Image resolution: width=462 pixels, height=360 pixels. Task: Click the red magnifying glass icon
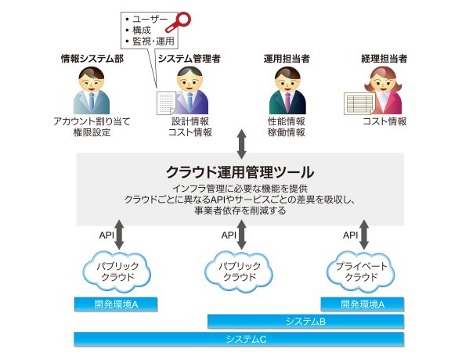179,22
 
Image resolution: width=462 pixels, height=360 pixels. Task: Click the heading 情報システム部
92,59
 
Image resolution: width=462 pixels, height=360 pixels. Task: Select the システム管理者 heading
189,59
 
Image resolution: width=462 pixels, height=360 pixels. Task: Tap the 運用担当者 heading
287,59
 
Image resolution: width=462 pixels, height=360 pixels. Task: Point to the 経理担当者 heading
384,59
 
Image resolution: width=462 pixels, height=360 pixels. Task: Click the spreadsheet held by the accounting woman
359,103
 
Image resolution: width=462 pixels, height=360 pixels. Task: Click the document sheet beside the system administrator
166,103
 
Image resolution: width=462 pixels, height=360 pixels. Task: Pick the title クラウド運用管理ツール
240,172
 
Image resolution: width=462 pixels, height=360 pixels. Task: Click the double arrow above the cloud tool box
242,144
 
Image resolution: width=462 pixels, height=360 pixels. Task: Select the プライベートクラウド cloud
361,272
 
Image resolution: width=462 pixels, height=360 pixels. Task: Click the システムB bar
305,321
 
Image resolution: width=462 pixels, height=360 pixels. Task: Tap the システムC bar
239,339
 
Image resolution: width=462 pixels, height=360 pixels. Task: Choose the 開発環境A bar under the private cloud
362,304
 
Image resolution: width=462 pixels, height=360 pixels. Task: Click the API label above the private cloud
350,236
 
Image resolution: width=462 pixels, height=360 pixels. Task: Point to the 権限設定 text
92,132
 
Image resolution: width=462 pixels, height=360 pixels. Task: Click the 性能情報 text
286,121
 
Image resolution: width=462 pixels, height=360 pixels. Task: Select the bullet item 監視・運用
153,41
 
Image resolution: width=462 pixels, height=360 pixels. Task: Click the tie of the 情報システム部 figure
92,101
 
